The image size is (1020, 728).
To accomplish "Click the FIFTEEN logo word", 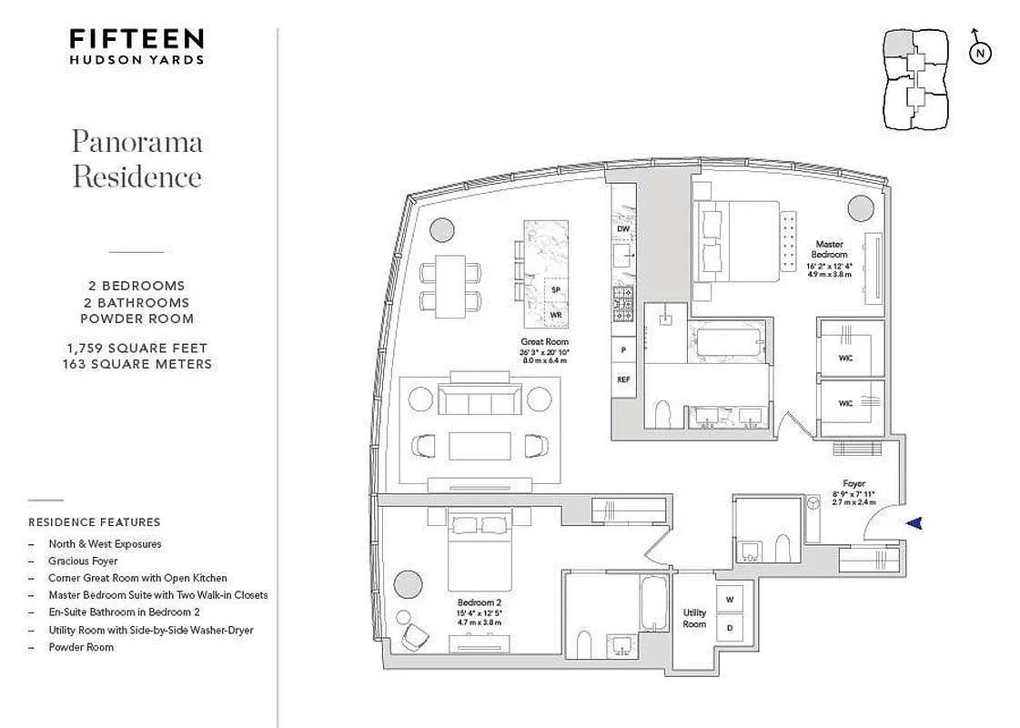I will coord(137,39).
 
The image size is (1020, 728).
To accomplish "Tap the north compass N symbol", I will coord(980,54).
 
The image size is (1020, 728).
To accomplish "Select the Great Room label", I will coord(544,343).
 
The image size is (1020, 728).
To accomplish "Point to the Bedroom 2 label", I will coord(480,602).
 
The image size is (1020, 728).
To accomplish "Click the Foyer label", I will coord(853,484).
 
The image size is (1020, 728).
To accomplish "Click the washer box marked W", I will coord(729,599).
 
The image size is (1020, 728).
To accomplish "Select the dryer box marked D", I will coord(729,627).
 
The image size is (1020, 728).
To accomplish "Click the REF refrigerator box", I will coord(624,379).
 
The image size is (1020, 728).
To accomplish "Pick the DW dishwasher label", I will coord(623,229).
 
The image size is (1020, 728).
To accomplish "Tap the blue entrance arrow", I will coord(915,522).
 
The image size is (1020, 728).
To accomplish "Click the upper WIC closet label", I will coord(845,358).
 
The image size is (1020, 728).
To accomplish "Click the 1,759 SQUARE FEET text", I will coord(136,349).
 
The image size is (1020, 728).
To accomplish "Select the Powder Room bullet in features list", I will coord(82,647).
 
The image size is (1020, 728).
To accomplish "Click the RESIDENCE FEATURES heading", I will coord(95,522).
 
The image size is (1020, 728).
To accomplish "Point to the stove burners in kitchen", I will coord(624,303).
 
